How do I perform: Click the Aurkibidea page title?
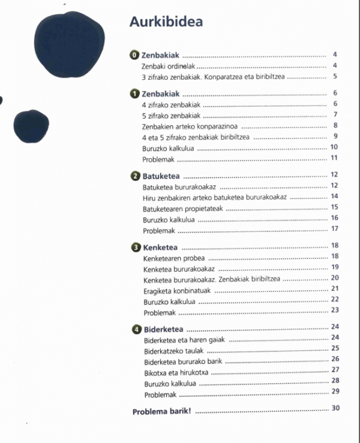point(166,22)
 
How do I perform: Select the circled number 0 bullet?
point(135,55)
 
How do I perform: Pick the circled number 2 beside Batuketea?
point(136,176)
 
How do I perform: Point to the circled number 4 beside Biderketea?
point(137,330)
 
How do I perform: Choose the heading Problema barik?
point(161,412)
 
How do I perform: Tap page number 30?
point(335,409)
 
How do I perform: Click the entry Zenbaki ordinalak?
point(169,66)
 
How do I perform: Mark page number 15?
point(335,207)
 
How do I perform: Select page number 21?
point(335,288)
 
